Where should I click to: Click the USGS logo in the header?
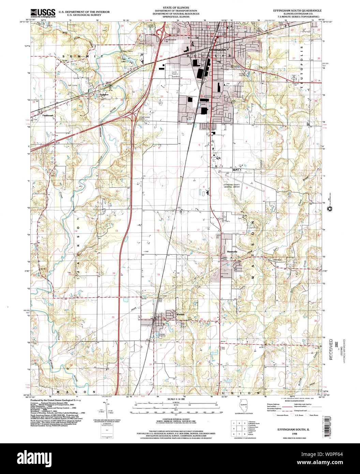(43, 13)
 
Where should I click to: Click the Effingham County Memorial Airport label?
(231, 186)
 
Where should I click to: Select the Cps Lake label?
(125, 60)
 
